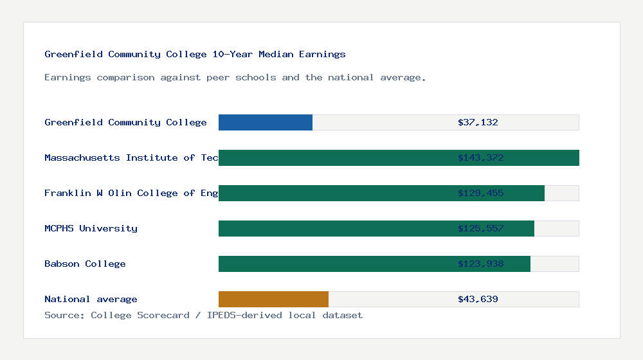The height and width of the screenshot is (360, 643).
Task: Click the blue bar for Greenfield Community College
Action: [266, 122]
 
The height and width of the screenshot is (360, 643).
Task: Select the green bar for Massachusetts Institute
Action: [334, 157]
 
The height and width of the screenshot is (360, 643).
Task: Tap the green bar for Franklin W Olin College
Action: [334, 193]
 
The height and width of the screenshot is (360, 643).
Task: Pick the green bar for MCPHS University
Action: [334, 228]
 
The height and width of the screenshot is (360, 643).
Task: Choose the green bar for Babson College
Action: [334, 264]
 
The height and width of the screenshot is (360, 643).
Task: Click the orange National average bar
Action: [273, 299]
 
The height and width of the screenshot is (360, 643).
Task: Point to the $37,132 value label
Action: [478, 122]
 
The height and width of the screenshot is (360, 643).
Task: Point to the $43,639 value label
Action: [478, 299]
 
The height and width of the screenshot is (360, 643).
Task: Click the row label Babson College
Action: [85, 264]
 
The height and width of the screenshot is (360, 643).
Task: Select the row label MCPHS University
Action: [91, 228]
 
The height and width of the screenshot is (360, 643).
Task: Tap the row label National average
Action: [91, 299]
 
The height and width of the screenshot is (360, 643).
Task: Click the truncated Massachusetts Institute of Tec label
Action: [131, 157]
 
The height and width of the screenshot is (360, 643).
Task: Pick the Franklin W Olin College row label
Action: [131, 193]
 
